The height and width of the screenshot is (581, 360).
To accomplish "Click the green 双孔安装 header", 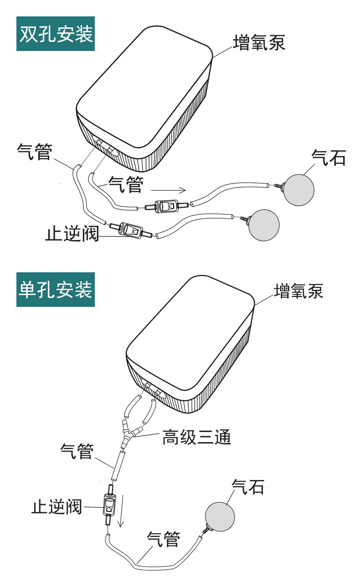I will (x=56, y=34).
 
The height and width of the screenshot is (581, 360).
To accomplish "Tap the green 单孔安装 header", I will (x=56, y=290).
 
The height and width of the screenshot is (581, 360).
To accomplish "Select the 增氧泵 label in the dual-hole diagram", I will (x=259, y=43).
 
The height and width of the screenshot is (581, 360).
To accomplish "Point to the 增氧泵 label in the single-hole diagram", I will (x=298, y=290).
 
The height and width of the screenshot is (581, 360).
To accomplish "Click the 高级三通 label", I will (x=196, y=438).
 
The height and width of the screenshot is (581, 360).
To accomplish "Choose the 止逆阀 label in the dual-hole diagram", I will (x=72, y=234).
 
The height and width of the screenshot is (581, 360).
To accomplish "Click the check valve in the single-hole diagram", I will (x=109, y=506).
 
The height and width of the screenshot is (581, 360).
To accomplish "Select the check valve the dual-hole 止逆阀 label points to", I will (x=131, y=230).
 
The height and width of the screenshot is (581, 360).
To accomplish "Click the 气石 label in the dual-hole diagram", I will (x=329, y=158).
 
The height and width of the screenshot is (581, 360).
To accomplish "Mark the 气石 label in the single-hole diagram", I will (x=248, y=487).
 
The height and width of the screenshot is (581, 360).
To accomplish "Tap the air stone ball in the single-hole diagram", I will (x=220, y=516).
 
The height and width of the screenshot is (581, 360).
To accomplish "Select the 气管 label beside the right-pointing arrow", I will (x=125, y=185).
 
